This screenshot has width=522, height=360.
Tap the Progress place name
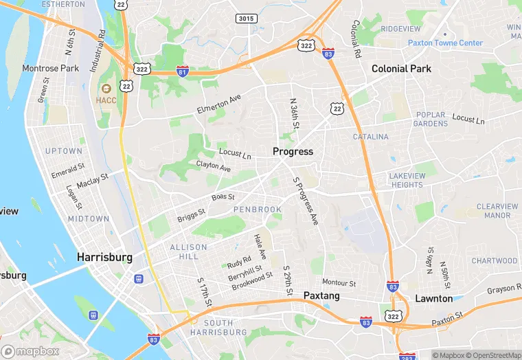[x=293, y=151]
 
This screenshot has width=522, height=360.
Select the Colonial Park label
[x=401, y=69]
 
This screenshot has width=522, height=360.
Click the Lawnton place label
[x=434, y=299]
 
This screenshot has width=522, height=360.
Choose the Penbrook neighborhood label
[x=258, y=209]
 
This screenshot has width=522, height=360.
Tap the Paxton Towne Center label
[x=446, y=43]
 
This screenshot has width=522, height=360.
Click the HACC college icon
[x=106, y=89]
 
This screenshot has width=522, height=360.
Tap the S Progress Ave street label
[x=306, y=201]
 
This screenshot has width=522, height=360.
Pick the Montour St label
[x=339, y=282]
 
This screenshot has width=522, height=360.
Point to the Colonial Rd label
[x=356, y=38]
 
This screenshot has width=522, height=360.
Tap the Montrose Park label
[x=51, y=69]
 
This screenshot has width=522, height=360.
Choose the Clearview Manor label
[x=497, y=210]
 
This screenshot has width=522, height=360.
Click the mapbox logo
[x=31, y=351]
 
